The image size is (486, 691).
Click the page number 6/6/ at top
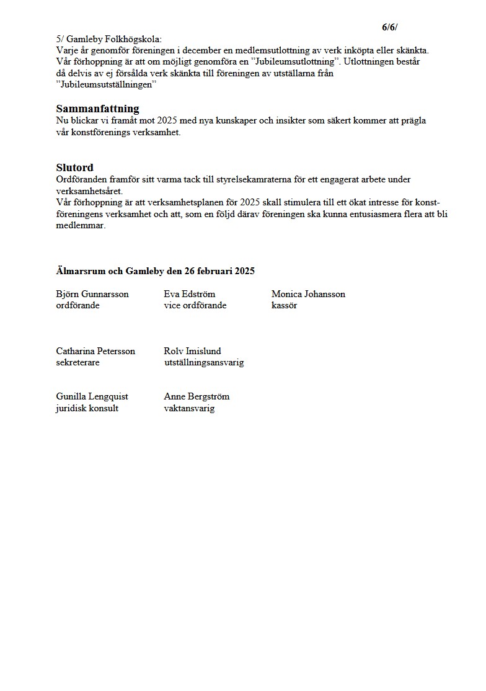pos(390,27)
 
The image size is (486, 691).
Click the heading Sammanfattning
pos(97,109)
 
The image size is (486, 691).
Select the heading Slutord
pos(74,167)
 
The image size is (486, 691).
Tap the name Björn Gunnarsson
pos(92,294)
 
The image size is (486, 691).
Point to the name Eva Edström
pos(189,294)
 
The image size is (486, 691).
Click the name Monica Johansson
pos(308,294)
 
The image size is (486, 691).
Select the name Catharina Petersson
pos(95,351)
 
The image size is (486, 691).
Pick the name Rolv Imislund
pos(192,351)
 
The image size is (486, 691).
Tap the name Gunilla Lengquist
pos(92,396)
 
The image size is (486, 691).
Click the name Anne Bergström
pos(197,396)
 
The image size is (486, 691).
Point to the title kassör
pos(284,305)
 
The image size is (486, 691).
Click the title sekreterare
pos(77,362)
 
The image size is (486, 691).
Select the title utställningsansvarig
pos(204,362)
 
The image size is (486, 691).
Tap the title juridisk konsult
pos(87,408)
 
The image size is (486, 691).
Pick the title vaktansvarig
pos(189,408)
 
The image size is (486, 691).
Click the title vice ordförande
pos(195,305)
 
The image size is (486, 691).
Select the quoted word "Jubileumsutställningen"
pos(105,85)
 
